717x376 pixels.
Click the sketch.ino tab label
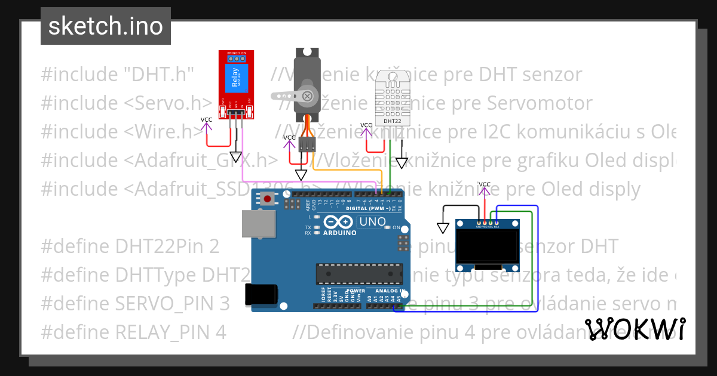[x=105, y=26]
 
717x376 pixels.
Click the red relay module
[x=236, y=84]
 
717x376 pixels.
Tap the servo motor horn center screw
[x=307, y=95]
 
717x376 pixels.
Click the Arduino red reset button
[x=268, y=199]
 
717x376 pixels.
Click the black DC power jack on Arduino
[x=261, y=295]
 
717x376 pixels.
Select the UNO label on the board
[x=372, y=222]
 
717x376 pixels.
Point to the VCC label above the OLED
[x=485, y=184]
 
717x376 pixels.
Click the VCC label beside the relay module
[x=206, y=120]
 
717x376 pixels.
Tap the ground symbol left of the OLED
[x=443, y=228]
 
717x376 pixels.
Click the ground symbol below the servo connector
[x=302, y=174]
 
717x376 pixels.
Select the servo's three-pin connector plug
[x=308, y=144]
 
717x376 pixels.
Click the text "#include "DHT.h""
[x=118, y=75]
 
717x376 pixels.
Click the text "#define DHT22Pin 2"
[x=130, y=246]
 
